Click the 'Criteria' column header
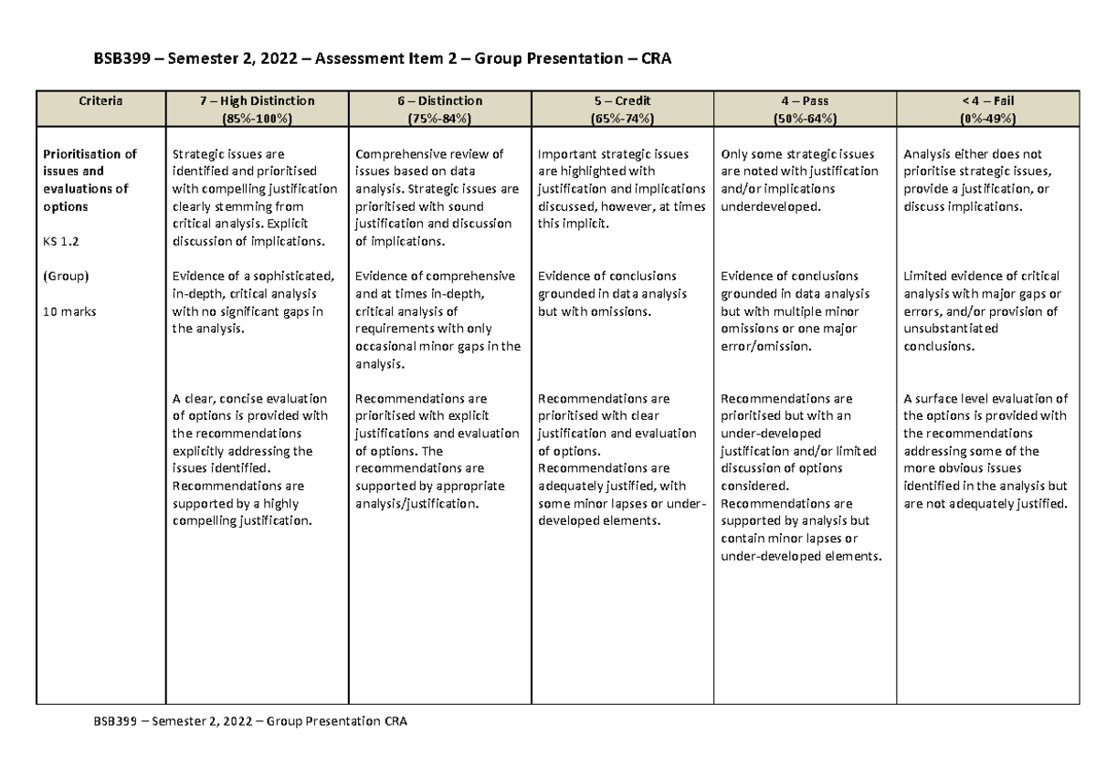click(x=100, y=100)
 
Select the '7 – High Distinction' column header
click(x=256, y=100)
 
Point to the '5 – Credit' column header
click(x=622, y=100)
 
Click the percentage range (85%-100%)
click(x=256, y=119)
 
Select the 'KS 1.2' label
click(x=61, y=241)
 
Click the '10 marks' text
click(x=68, y=311)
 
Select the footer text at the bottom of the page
click(x=249, y=721)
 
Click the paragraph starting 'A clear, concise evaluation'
click(x=252, y=459)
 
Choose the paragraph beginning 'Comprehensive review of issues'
click(x=437, y=197)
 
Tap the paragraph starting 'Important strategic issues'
click(x=622, y=189)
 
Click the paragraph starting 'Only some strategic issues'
click(x=799, y=180)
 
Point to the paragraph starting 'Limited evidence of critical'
click(x=982, y=311)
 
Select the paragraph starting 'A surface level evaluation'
click(x=985, y=451)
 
